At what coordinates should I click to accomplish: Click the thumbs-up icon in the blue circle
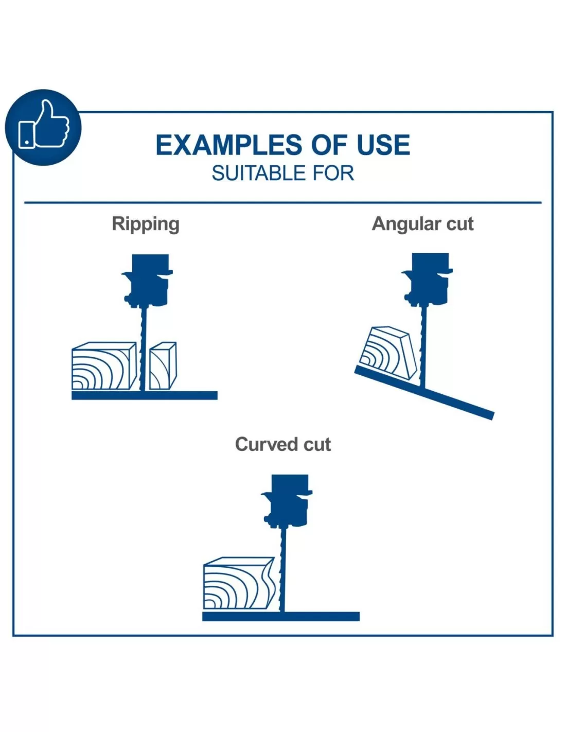tap(43, 127)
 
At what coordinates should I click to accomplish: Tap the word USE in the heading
tap(383, 145)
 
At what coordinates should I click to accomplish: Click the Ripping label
tap(146, 224)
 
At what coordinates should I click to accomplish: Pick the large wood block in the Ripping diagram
tap(103, 367)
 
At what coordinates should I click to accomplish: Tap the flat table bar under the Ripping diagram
tap(144, 395)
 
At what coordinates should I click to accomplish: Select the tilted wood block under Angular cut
tap(388, 353)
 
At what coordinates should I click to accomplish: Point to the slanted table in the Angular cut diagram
tap(453, 399)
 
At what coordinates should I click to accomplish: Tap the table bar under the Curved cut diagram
tap(280, 616)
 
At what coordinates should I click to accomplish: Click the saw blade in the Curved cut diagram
tap(282, 566)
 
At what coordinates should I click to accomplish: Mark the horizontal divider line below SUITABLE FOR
tap(283, 202)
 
